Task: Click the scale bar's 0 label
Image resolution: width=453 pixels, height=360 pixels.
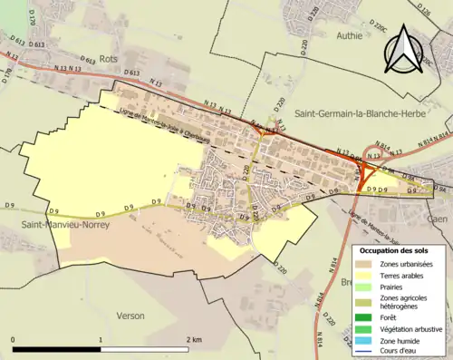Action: [x=14, y=338]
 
